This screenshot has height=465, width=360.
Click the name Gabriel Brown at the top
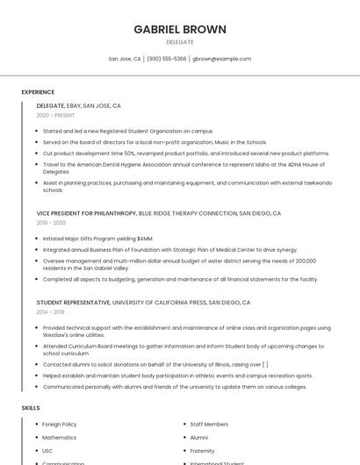(x=180, y=29)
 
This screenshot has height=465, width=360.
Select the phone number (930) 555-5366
(x=167, y=59)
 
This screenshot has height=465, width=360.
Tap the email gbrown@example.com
(x=221, y=59)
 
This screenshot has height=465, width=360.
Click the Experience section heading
(x=38, y=91)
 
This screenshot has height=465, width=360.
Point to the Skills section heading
(x=30, y=408)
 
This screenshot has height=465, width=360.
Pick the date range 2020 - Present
(x=55, y=115)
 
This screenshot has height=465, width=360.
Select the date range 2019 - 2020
(x=51, y=223)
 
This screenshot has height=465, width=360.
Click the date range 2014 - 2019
(x=51, y=311)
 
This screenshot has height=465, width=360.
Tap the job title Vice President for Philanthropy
(x=87, y=213)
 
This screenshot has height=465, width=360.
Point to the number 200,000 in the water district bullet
(x=305, y=261)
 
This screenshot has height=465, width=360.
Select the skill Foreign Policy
(x=60, y=424)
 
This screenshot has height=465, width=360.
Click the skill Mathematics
(x=59, y=437)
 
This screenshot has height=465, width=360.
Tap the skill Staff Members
(x=209, y=424)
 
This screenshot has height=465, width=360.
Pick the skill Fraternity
(x=203, y=450)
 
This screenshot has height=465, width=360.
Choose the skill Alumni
(x=199, y=437)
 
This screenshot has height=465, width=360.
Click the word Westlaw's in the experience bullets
(x=57, y=334)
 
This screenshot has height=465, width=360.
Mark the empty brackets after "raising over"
(x=265, y=364)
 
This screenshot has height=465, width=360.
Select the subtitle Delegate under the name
(x=180, y=42)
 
